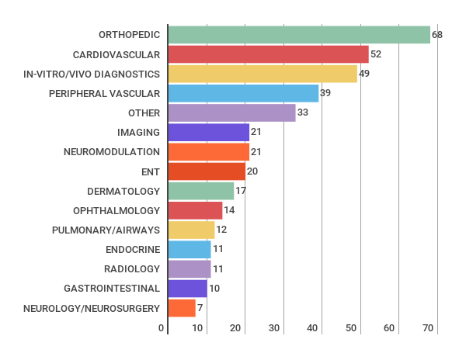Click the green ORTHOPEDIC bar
pos(299,35)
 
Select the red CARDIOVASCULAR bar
pos(268,54)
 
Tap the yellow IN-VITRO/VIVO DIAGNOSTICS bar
pos(263,74)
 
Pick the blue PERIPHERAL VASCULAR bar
pos(243,93)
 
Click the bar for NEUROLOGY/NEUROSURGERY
pos(182,308)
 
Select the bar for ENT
pos(207,171)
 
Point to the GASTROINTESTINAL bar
pos(187,289)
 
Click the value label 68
pos(437,35)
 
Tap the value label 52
pos(376,54)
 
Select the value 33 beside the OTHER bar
pos(303,113)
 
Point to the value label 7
pos(200,308)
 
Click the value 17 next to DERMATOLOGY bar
pos(241,191)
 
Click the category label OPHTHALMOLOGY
pos(116,210)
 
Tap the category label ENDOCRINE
pos(133,250)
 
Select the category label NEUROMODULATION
pos(112,152)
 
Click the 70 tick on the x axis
pos(427,328)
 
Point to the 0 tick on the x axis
pos(162,328)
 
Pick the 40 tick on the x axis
pos(313,328)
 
